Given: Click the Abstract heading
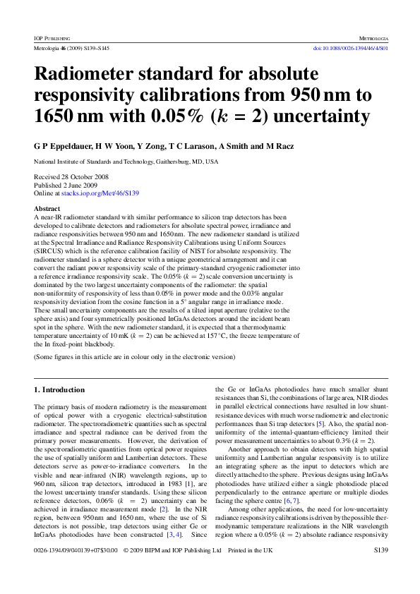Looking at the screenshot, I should tap(47, 209).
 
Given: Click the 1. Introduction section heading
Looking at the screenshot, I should tap(59, 389).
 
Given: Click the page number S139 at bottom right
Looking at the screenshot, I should tap(380, 568).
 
